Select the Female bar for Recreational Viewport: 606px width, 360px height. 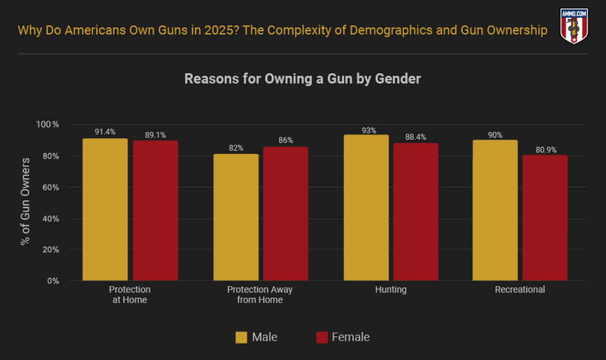(x=545, y=218)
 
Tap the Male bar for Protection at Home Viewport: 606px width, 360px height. (x=105, y=209)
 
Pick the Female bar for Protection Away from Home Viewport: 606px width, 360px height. (x=286, y=214)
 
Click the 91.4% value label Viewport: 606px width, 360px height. (x=105, y=132)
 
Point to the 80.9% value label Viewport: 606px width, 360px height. (x=545, y=149)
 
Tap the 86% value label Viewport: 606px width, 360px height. (x=286, y=141)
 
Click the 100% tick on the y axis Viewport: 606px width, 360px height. (x=49, y=124)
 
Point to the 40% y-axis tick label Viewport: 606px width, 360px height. (x=50, y=219)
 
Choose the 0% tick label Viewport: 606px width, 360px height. (x=53, y=281)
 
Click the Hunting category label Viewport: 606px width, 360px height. (x=391, y=290)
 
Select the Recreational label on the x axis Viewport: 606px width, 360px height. (x=520, y=290)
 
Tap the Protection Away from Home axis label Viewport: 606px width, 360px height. (x=260, y=295)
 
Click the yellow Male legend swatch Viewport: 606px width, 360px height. (x=241, y=337)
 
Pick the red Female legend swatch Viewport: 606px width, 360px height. (x=322, y=337)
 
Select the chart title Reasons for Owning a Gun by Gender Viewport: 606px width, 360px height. (x=303, y=79)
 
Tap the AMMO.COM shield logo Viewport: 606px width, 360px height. (x=574, y=26)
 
